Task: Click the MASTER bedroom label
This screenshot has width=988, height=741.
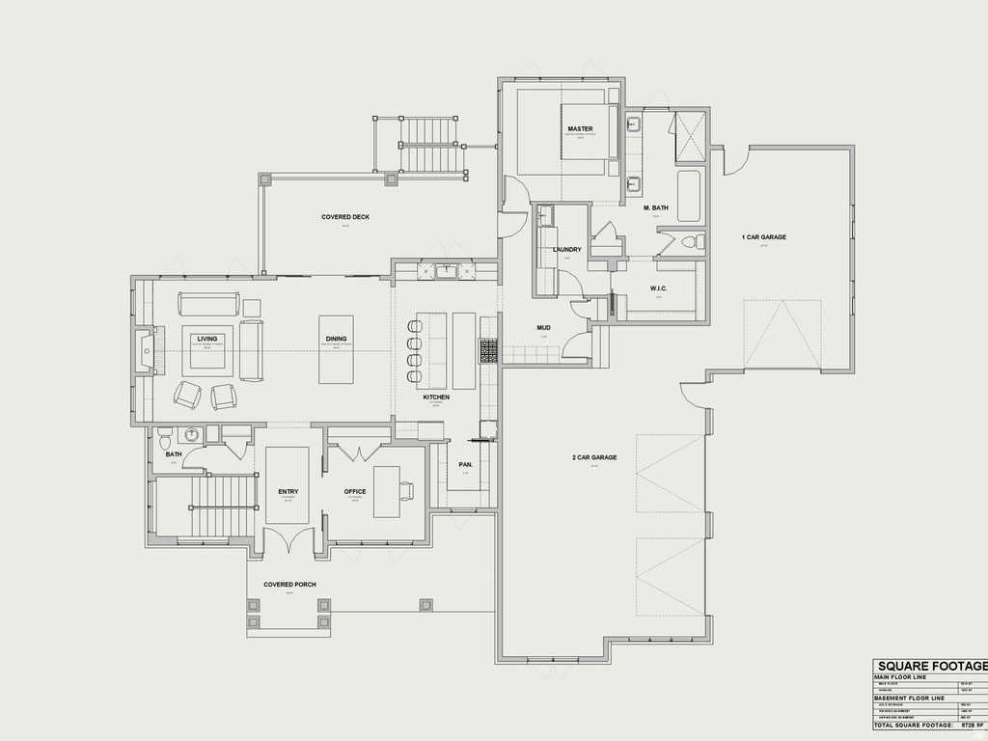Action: pos(580,128)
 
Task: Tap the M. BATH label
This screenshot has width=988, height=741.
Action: pos(656,207)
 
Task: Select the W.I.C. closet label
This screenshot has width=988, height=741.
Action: pos(659,288)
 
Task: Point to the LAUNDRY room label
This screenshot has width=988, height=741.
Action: pos(567,250)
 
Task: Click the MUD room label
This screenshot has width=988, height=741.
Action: pos(543,328)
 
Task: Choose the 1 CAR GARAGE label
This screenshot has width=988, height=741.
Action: pos(763,237)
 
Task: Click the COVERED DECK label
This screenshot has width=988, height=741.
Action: pos(345,217)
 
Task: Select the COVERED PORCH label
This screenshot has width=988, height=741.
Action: pos(289,585)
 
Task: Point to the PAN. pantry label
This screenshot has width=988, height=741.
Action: pos(465,464)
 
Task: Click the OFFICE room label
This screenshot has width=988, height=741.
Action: pos(355,492)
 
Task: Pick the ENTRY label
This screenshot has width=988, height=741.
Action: pos(288,492)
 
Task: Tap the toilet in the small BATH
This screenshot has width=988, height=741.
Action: pos(165,434)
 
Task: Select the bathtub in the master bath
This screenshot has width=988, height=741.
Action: pos(690,196)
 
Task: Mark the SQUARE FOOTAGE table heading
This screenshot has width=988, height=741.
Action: pos(930,666)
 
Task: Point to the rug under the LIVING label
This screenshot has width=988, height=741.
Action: pos(207,348)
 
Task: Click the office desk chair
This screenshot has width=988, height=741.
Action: pos(410,490)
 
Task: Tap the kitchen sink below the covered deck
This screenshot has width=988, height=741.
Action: pos(446,271)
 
